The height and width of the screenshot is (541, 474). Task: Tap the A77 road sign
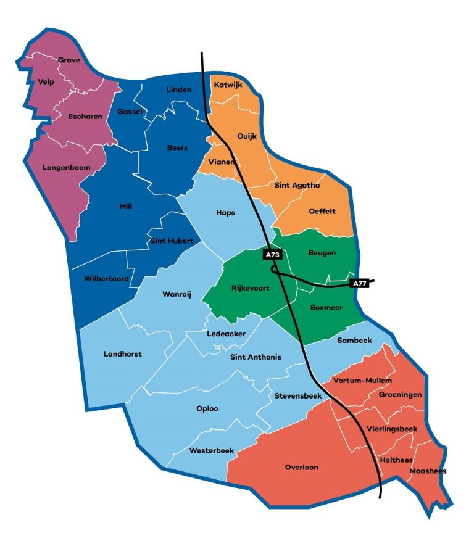(x=359, y=283)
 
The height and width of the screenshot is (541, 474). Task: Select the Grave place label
(x=69, y=60)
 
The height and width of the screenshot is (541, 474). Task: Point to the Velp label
(x=46, y=81)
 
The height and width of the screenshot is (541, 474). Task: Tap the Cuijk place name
(x=247, y=136)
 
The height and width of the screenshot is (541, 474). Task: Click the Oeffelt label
(x=322, y=211)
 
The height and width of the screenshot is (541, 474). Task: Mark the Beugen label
(x=322, y=253)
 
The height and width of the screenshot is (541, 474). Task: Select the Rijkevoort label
(x=250, y=288)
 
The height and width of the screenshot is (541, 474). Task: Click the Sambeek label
(x=353, y=340)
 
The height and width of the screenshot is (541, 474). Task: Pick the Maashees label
(x=427, y=471)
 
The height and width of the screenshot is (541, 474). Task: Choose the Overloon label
(x=301, y=467)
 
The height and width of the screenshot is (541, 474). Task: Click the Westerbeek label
(x=212, y=450)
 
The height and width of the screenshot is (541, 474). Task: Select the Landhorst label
(x=122, y=354)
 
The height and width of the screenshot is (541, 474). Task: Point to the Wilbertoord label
(x=106, y=279)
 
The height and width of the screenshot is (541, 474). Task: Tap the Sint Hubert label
(x=172, y=241)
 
